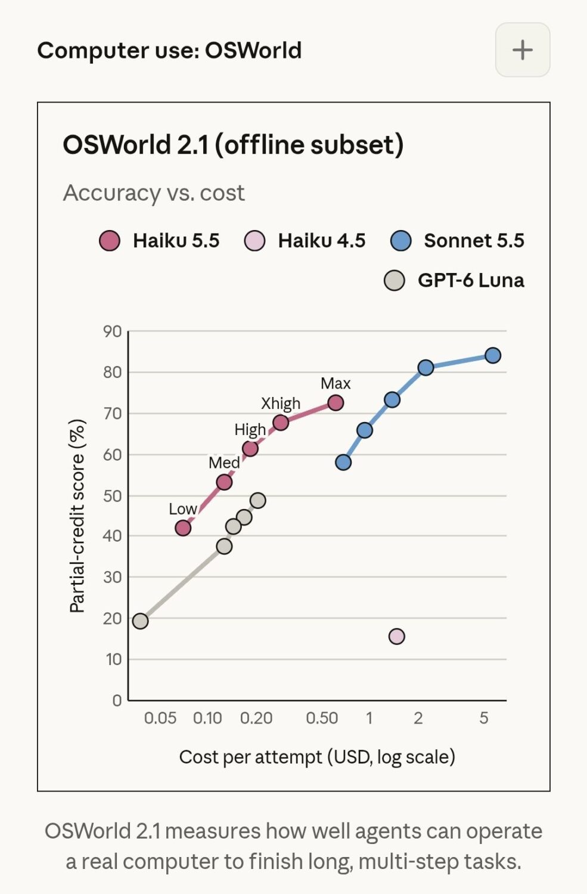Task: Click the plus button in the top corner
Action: tap(523, 50)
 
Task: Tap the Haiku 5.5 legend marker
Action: tap(109, 241)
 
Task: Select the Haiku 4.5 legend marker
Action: tap(254, 241)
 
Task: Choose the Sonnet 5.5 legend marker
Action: tap(400, 241)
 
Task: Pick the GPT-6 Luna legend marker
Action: tap(395, 280)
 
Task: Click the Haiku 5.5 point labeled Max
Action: tap(336, 403)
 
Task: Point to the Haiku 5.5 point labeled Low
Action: tap(183, 528)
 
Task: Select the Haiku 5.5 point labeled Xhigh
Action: tap(281, 422)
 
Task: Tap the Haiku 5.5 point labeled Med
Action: tap(224, 482)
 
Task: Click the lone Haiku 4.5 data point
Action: tap(397, 636)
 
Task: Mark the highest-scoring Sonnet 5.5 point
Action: tap(493, 355)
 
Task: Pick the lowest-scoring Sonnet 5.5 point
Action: tap(343, 462)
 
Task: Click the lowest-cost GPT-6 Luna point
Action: tap(140, 621)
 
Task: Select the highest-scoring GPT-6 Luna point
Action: tap(258, 500)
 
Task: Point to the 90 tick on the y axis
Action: tap(112, 331)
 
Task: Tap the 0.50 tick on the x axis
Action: tap(322, 718)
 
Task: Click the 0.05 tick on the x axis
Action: tap(160, 718)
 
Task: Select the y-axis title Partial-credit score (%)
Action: tap(77, 516)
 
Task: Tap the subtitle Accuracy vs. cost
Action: tap(154, 193)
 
